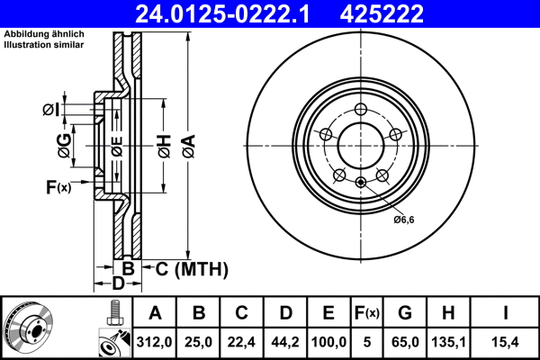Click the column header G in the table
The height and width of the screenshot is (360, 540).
tap(404, 313)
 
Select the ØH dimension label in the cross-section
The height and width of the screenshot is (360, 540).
tap(163, 144)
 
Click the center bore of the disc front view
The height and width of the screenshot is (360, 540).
tap(359, 144)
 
